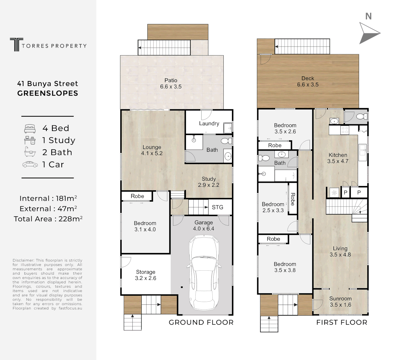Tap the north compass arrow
pyautogui.click(x=368, y=33)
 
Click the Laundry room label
pyautogui.click(x=209, y=123)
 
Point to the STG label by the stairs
pyautogui.click(x=217, y=207)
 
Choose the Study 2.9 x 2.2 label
pyautogui.click(x=209, y=182)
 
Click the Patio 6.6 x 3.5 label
pyautogui.click(x=171, y=83)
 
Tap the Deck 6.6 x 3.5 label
pyautogui.click(x=308, y=81)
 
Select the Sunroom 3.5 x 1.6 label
pyautogui.click(x=340, y=302)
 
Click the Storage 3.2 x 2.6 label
pyautogui.click(x=145, y=275)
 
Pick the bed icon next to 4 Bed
pyautogui.click(x=30, y=128)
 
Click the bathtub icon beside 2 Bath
pyautogui.click(x=30, y=152)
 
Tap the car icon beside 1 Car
pyautogui.click(x=30, y=164)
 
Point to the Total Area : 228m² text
pyautogui.click(x=48, y=219)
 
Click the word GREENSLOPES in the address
pyautogui.click(x=48, y=93)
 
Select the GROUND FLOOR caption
pyautogui.click(x=201, y=322)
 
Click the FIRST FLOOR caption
pyautogui.click(x=342, y=322)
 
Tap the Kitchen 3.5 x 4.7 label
pyautogui.click(x=338, y=158)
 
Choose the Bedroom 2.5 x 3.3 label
pyautogui.click(x=273, y=207)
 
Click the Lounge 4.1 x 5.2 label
pyautogui.click(x=152, y=150)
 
